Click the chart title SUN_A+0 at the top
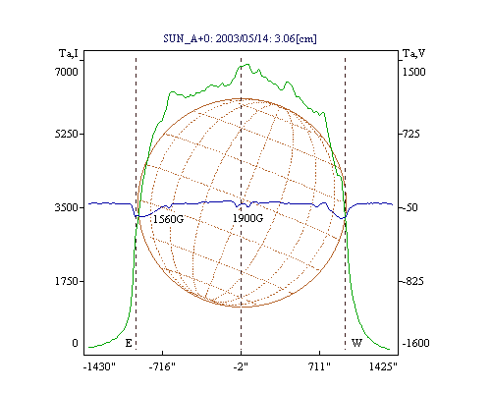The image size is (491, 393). click(240, 38)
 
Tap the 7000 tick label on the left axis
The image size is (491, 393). click(67, 72)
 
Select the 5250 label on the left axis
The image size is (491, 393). click(67, 134)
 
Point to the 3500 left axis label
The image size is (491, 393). click(67, 207)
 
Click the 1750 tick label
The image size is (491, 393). click(67, 281)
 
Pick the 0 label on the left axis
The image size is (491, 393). click(75, 343)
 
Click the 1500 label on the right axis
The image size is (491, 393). click(413, 72)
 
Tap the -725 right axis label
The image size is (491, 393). click(409, 134)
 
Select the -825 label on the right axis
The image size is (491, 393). click(411, 281)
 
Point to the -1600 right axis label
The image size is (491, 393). click(415, 343)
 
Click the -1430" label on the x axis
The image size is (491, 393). click(99, 366)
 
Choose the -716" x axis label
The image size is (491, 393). click(162, 366)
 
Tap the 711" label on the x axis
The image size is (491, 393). click(319, 366)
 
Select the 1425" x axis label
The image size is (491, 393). click(383, 366)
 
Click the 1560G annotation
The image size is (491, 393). click(169, 219)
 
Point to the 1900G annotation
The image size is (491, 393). click(247, 218)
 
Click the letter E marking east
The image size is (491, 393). click(129, 343)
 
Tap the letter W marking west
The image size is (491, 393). click(356, 343)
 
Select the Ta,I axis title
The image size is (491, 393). click(69, 53)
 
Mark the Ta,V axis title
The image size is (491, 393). click(413, 53)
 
